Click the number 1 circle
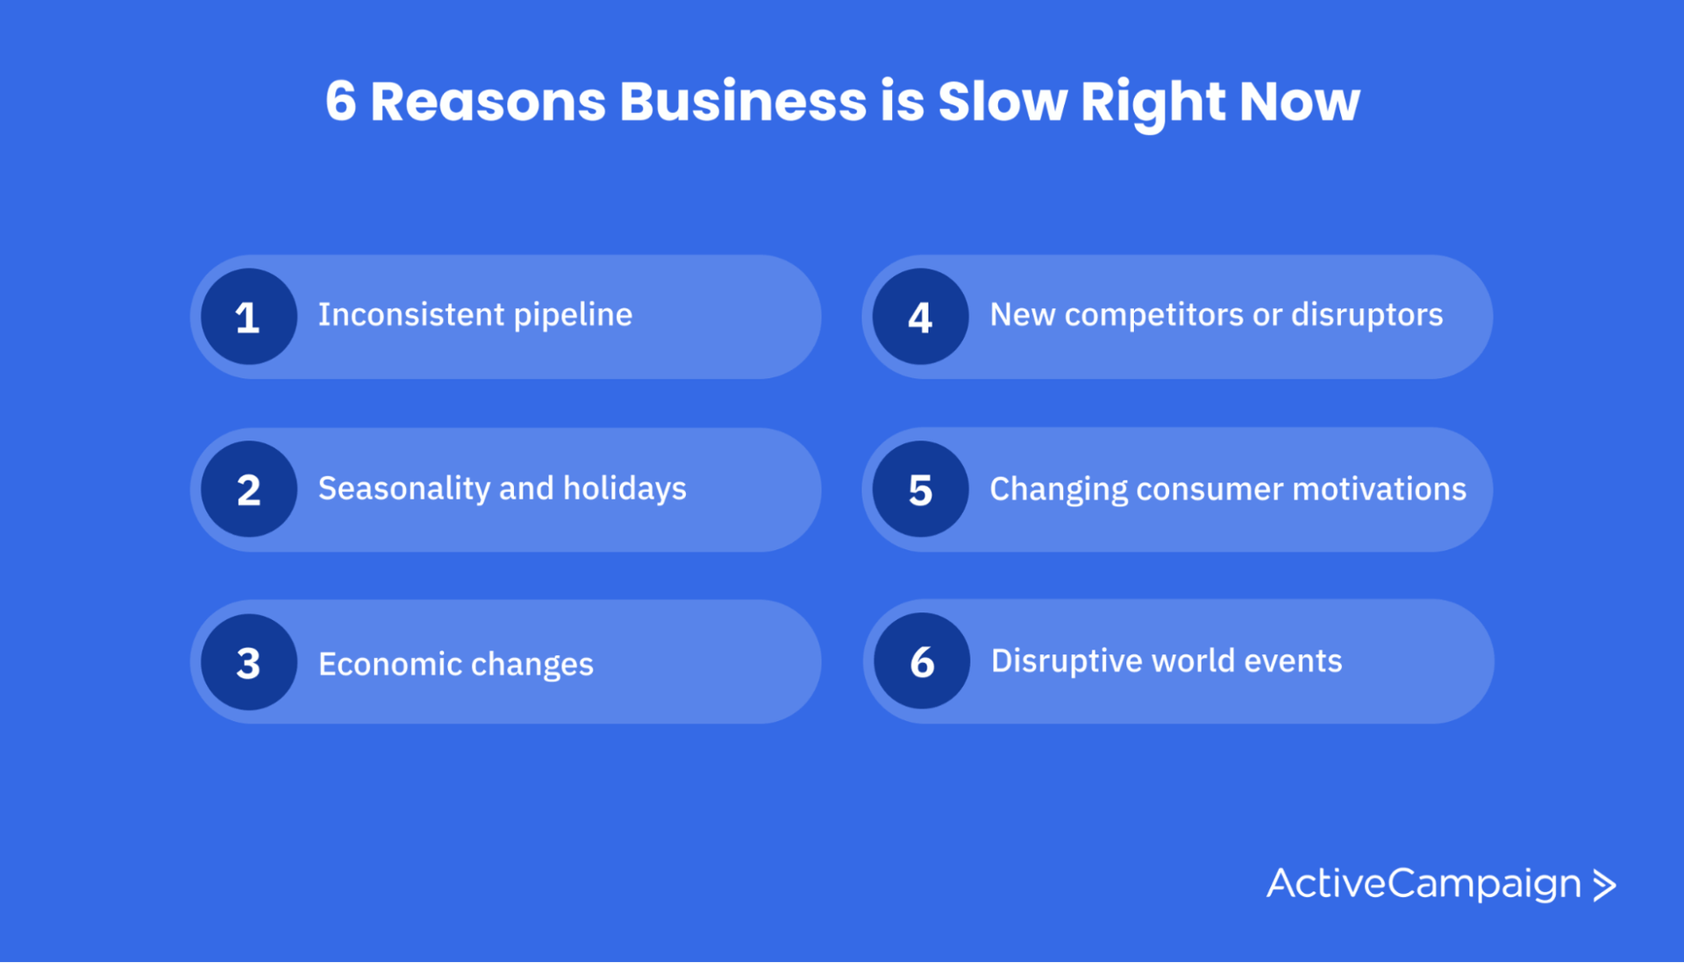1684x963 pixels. point(248,317)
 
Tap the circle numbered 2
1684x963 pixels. point(248,489)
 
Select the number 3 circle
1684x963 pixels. point(248,662)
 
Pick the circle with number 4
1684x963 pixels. point(920,317)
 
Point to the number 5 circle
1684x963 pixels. point(920,489)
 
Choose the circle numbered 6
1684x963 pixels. point(922,661)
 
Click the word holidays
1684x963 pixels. point(624,489)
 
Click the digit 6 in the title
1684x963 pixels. point(340,101)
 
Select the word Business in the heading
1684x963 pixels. point(743,101)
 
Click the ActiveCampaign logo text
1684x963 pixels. point(1423,883)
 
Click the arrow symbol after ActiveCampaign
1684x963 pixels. point(1604,885)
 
